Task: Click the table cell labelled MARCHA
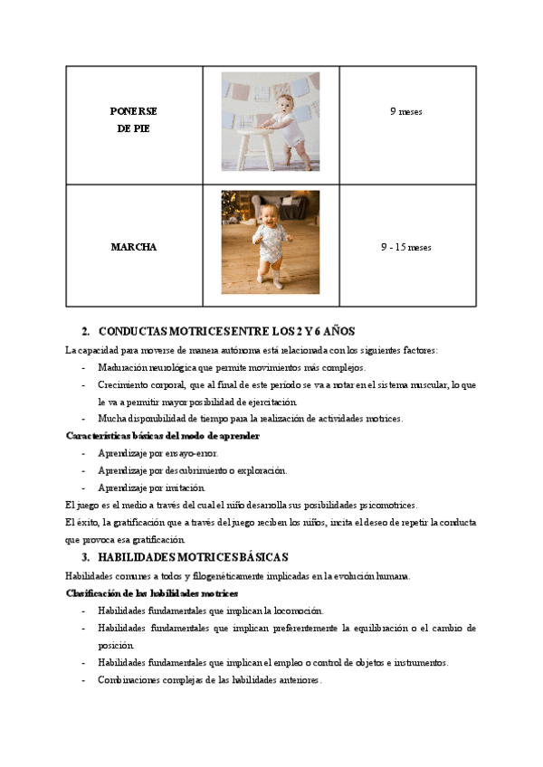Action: point(133,247)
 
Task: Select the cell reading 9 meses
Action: point(405,112)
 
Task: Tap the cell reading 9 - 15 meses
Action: point(405,247)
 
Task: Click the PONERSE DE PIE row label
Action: point(133,119)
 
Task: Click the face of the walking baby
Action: point(269,214)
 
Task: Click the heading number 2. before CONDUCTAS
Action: point(85,332)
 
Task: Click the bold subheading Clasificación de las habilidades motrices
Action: point(152,593)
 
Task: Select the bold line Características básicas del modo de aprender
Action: point(163,436)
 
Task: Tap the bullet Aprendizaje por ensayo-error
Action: point(157,453)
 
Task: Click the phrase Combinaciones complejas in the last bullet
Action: point(147,680)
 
